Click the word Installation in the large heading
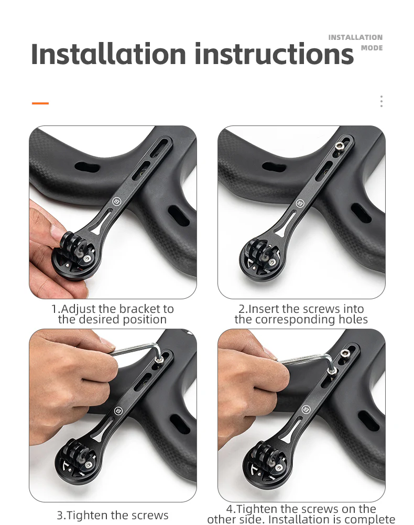coord(108,54)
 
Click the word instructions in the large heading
coord(274,54)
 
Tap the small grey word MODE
coord(372,48)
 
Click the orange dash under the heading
coord(40,103)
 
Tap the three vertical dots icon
coord(382,101)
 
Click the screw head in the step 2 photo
coord(339,145)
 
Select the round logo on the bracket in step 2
coord(300,203)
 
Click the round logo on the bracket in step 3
coord(118,411)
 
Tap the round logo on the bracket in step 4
coord(306,409)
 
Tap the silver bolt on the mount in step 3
coord(88,465)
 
